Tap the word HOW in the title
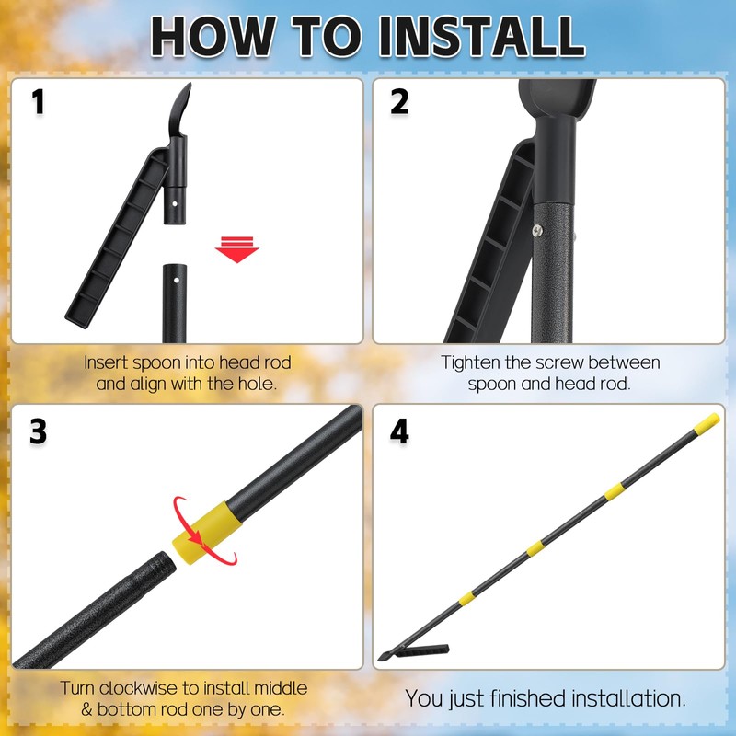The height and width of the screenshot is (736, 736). (x=211, y=37)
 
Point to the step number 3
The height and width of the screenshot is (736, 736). (x=38, y=431)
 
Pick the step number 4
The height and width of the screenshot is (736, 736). (x=399, y=431)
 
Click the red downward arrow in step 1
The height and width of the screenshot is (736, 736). (x=236, y=248)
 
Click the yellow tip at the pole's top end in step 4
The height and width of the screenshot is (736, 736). (x=706, y=423)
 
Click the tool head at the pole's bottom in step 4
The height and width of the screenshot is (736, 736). (x=414, y=654)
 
